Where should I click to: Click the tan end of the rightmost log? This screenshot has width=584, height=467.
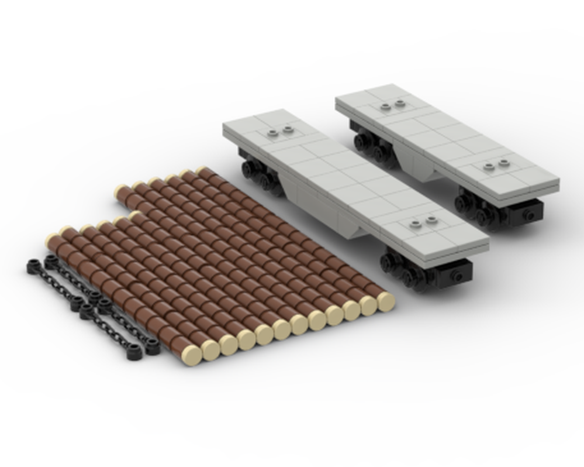click(385, 301)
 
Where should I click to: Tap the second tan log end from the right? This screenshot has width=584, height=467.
click(368, 305)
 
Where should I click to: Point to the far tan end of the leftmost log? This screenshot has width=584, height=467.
click(52, 240)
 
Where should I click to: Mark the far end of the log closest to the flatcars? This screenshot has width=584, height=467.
click(202, 171)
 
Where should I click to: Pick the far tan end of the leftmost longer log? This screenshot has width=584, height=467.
click(121, 190)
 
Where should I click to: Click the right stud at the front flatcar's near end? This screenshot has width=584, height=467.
click(431, 219)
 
